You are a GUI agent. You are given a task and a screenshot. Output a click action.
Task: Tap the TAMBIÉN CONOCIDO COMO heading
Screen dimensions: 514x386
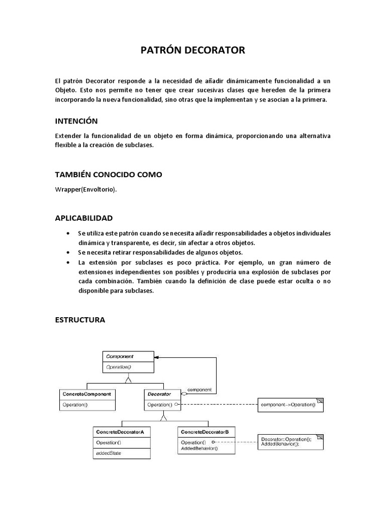108,174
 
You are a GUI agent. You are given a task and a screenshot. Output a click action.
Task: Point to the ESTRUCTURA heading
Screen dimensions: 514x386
80,319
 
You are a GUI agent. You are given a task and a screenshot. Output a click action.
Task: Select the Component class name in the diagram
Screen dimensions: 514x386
119,356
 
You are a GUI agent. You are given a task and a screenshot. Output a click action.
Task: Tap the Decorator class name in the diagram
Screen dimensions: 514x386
159,394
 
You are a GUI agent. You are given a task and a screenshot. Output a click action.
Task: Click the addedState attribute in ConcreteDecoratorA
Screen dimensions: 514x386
109,453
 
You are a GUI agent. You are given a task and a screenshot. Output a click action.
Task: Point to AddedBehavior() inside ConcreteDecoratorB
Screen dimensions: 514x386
200,448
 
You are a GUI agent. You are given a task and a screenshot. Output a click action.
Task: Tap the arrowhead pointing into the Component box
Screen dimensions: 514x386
157,357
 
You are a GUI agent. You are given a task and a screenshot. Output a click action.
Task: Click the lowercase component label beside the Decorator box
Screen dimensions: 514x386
199,390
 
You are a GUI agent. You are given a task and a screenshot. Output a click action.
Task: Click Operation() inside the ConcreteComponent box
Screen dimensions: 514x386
75,404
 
